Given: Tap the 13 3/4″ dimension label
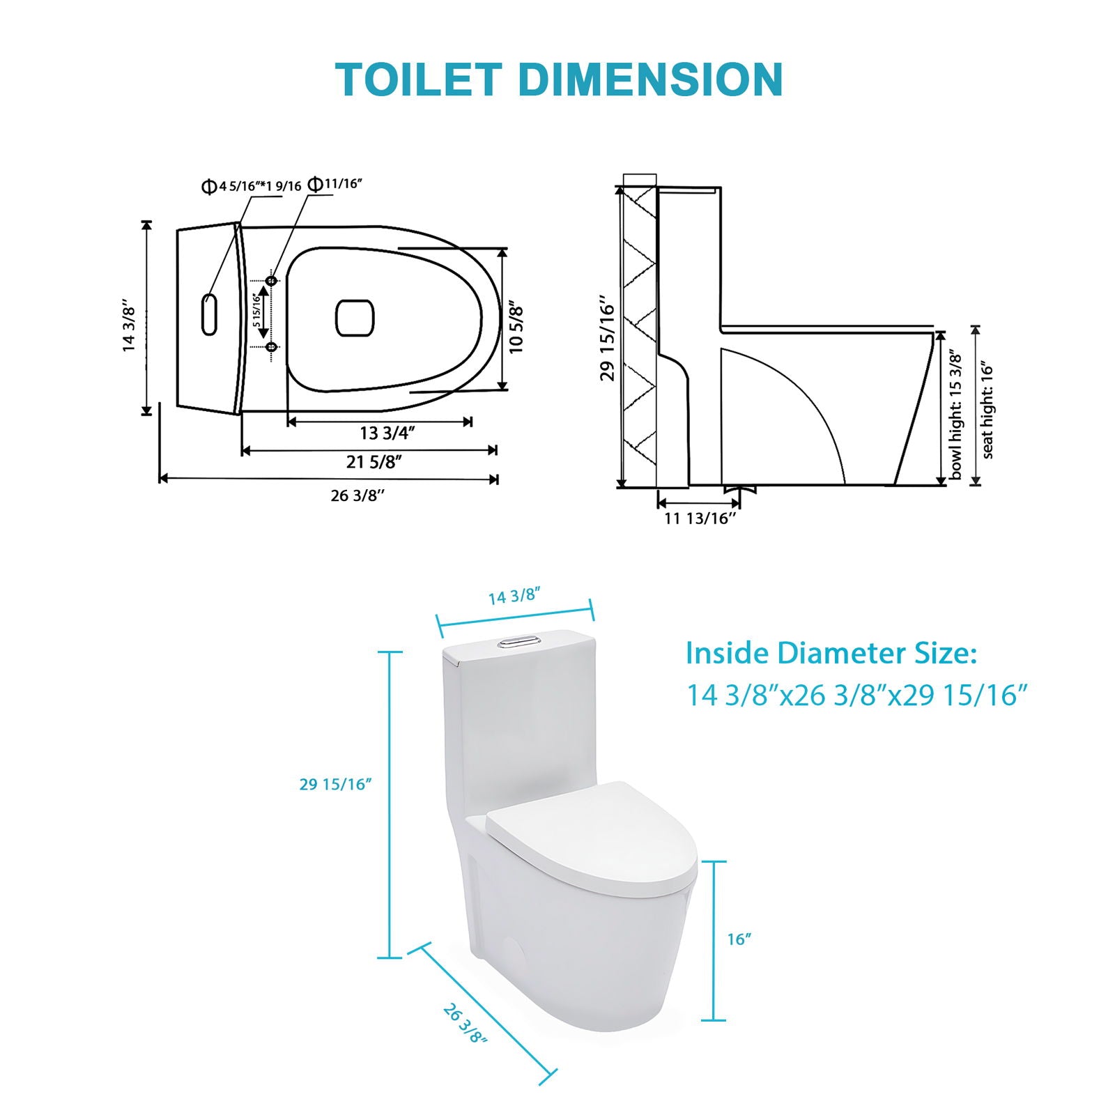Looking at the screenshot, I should pyautogui.click(x=387, y=433).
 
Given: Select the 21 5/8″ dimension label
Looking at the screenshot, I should pyautogui.click(x=374, y=462).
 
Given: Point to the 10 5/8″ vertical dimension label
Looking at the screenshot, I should pyautogui.click(x=516, y=328).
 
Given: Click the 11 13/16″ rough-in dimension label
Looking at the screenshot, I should pyautogui.click(x=700, y=518).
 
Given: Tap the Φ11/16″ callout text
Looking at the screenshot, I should pyautogui.click(x=335, y=184).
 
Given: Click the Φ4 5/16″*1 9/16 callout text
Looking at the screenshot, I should pyautogui.click(x=251, y=186).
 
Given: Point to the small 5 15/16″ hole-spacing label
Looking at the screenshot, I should pyautogui.click(x=256, y=312).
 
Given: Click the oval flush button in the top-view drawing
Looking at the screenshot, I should pyautogui.click(x=209, y=314).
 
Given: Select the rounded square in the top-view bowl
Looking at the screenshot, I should pyautogui.click(x=355, y=318).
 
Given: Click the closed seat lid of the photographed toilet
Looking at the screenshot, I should pyautogui.click(x=592, y=836).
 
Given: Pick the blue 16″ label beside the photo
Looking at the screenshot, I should pyautogui.click(x=739, y=939).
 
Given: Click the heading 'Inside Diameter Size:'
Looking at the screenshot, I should pyautogui.click(x=831, y=653).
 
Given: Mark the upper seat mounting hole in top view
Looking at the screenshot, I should pyautogui.click(x=272, y=280).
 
